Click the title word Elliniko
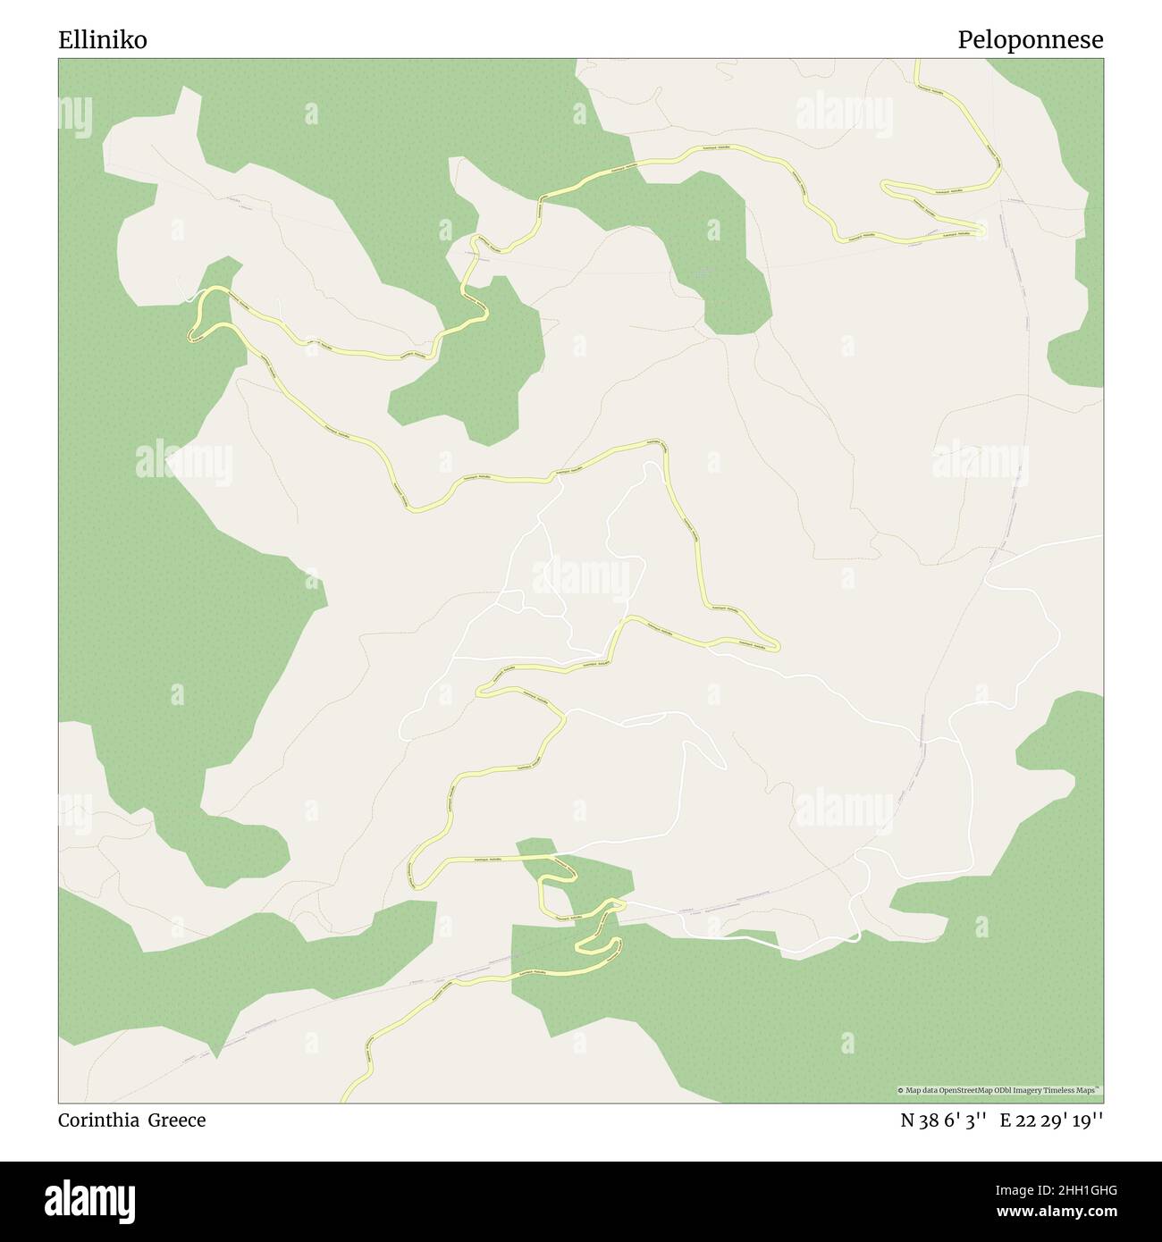tap(103, 40)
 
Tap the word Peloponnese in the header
tap(1030, 40)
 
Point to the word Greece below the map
tap(177, 1120)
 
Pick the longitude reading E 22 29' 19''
tap(1052, 1120)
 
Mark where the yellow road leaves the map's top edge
tap(917, 61)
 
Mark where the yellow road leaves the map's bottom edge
tap(345, 1100)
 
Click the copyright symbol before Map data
tap(901, 1090)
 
